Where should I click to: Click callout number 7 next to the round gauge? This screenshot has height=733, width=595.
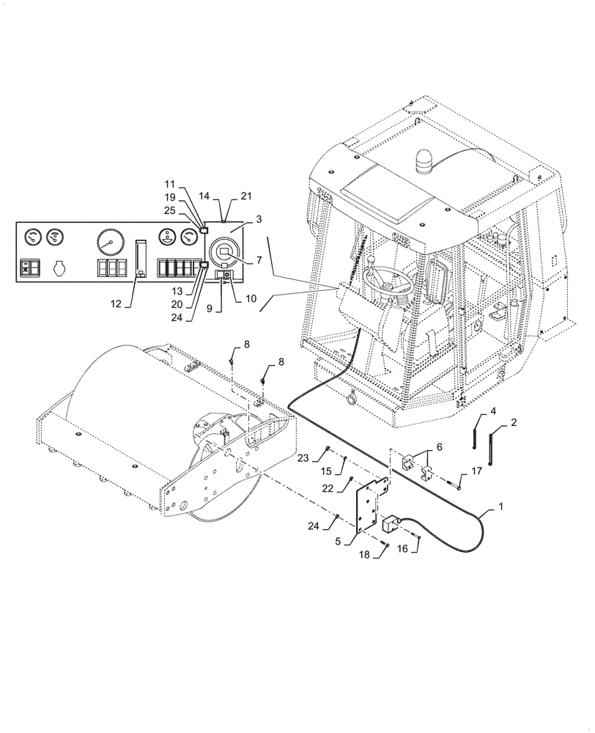coord(258,260)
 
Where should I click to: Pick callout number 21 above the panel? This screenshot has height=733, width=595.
coord(245,196)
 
